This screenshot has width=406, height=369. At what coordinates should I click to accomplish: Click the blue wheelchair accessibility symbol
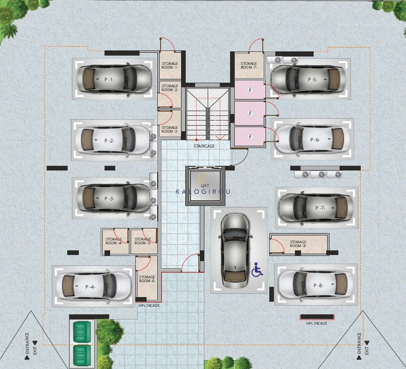click(257, 270)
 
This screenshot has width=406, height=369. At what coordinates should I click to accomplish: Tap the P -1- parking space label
click(110, 79)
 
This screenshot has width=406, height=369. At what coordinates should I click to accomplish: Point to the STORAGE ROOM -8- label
click(298, 244)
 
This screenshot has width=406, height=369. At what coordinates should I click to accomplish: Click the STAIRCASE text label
click(204, 146)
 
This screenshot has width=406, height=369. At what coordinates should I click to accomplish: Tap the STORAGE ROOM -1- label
click(170, 65)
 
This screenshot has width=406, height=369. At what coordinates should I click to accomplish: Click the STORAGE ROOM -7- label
click(249, 65)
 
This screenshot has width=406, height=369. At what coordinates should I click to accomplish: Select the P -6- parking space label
click(315, 140)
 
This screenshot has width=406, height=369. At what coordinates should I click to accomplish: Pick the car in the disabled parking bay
click(235, 251)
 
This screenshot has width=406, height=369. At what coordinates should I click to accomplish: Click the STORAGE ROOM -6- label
click(147, 279)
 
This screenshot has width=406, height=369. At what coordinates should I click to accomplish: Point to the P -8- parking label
click(318, 285)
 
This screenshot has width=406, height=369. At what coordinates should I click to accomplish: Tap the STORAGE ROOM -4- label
click(114, 241)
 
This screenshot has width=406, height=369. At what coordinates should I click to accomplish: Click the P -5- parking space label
click(313, 79)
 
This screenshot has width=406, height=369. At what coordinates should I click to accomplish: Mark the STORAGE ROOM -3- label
click(170, 129)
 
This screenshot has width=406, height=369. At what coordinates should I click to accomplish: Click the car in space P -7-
click(316, 208)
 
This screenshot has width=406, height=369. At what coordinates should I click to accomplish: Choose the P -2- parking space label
click(110, 141)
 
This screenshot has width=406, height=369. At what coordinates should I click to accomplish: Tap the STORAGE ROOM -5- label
click(143, 241)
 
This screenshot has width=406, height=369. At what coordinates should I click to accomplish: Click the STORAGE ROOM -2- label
click(170, 88)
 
